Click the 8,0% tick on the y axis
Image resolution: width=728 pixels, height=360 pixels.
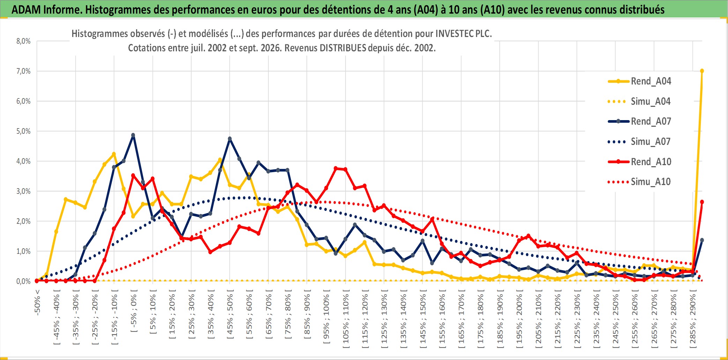point(23,41)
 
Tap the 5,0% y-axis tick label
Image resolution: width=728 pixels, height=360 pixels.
point(23,131)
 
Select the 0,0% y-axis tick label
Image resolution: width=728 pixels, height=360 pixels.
point(23,281)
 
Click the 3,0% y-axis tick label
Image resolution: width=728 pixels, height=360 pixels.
point(23,191)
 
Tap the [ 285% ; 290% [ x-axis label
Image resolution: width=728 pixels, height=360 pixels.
point(693,321)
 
